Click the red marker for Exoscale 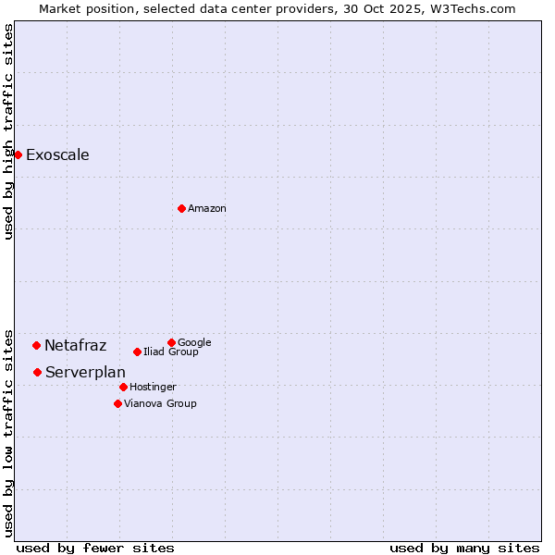(18, 154)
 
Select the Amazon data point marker (181, 208)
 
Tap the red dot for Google (171, 342)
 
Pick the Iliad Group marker (137, 351)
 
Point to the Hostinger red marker (123, 387)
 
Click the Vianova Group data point (117, 403)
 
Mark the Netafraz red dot (36, 345)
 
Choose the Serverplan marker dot (37, 372)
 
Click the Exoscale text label (57, 154)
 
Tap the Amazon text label (207, 208)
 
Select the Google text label (194, 342)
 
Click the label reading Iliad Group (171, 351)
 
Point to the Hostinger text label (153, 387)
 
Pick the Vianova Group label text (160, 403)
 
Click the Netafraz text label (75, 345)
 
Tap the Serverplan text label (85, 372)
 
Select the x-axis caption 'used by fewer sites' (95, 548)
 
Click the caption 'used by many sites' (464, 548)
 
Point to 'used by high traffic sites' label (8, 131)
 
